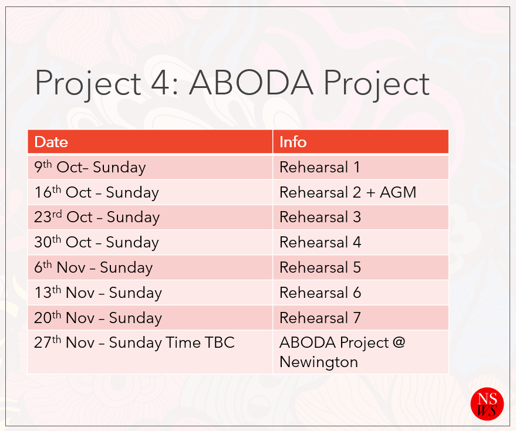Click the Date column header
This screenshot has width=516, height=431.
click(150, 142)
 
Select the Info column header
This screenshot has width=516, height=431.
click(360, 142)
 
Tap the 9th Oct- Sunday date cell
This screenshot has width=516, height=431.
click(150, 167)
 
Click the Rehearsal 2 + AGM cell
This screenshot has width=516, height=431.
click(360, 192)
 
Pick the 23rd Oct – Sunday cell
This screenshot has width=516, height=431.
click(150, 218)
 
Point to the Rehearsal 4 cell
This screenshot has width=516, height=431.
click(360, 243)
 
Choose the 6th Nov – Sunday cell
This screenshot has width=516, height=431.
click(150, 267)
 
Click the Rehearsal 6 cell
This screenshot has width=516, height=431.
click(360, 293)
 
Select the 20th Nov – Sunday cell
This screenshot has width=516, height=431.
click(150, 318)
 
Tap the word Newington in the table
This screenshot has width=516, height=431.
click(319, 362)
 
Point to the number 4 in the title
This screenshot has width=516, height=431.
click(160, 83)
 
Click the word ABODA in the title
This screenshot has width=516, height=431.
click(251, 83)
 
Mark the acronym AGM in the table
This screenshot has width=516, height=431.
click(398, 192)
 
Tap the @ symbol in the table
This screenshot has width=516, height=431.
click(399, 343)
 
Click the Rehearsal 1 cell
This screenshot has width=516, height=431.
click(360, 167)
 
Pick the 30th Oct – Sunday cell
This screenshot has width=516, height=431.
click(150, 243)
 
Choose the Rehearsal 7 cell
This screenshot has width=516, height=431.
click(360, 318)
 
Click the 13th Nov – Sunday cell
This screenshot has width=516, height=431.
click(150, 293)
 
